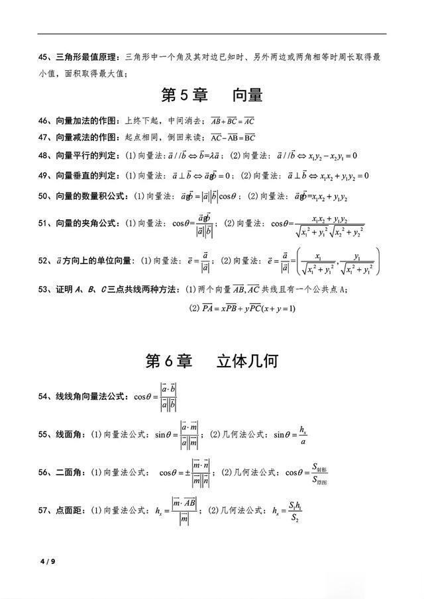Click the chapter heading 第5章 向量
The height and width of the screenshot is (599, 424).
pyautogui.click(x=212, y=95)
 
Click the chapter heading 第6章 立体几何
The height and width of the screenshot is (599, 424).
pyautogui.click(x=211, y=361)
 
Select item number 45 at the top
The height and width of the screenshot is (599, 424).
pyautogui.click(x=44, y=57)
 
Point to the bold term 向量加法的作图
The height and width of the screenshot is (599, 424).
pyautogui.click(x=85, y=121)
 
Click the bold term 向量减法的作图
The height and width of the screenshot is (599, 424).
pyautogui.click(x=85, y=138)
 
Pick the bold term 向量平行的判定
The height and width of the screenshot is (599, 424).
pyautogui.click(x=85, y=156)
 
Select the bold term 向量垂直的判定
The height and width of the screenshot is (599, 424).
pyautogui.click(x=85, y=176)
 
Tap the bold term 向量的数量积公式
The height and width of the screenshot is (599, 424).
pyautogui.click(x=90, y=197)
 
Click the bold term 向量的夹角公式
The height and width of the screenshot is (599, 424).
pyautogui.click(x=85, y=224)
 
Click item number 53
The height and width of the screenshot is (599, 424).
pyautogui.click(x=44, y=289)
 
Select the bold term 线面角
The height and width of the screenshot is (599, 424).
pyautogui.click(x=67, y=435)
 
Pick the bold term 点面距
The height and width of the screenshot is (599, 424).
pyautogui.click(x=67, y=510)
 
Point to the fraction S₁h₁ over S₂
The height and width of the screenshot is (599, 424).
pyautogui.click(x=293, y=510)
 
